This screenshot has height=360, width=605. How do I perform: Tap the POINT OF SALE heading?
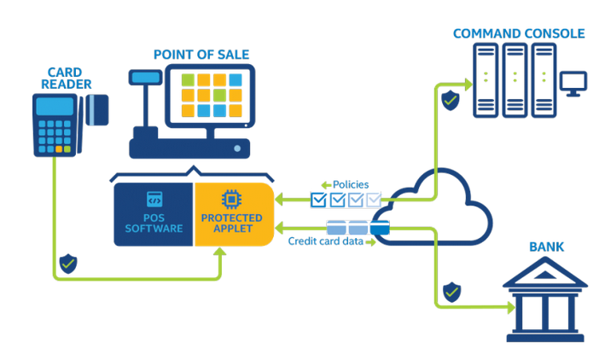[201, 55]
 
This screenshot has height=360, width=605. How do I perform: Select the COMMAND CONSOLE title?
[518, 33]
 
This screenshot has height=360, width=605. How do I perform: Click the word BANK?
[546, 247]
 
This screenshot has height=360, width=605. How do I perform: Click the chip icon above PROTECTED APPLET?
[231, 200]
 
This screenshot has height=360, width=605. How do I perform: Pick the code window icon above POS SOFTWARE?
[154, 200]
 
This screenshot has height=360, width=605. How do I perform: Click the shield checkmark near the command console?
[449, 99]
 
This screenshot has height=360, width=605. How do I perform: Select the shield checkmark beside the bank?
[451, 292]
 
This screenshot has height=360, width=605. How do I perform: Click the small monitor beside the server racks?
[572, 83]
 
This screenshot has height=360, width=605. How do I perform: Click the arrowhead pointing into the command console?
[468, 84]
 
